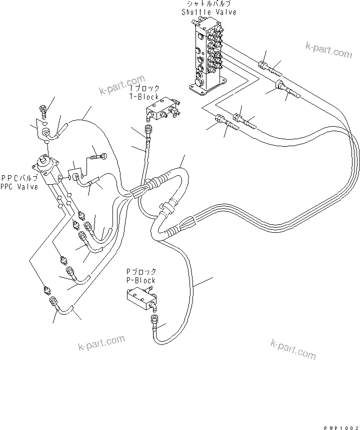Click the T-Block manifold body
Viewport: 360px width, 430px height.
(159, 113)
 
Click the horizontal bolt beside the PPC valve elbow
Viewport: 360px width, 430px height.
(98, 156)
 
